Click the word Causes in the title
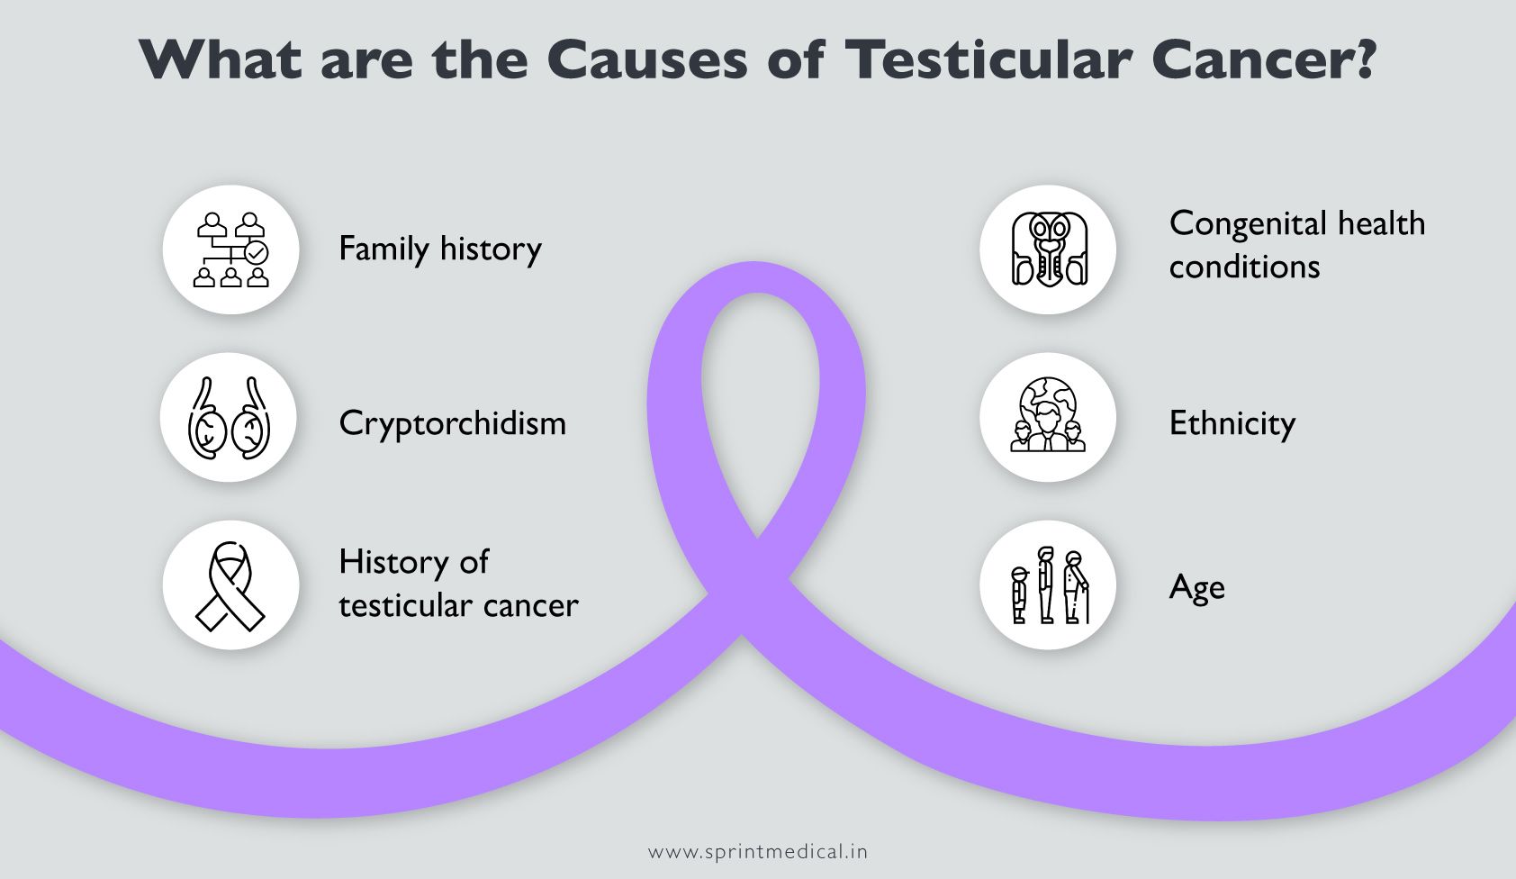coord(647,60)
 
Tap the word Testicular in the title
coord(988,60)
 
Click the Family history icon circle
coord(231,249)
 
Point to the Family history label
coord(439,249)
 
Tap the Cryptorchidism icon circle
coord(230,418)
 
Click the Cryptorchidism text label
coord(452,423)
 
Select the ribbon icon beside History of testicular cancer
coord(231,585)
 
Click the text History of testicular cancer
coord(457,584)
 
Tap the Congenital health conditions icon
coord(1048,249)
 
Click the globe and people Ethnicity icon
coord(1048,417)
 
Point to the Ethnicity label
coord(1232,423)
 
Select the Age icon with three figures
coord(1048,585)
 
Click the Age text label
coord(1196,588)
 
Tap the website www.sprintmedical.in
coord(758,851)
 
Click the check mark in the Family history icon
coord(257,252)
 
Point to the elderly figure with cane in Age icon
coord(1076,587)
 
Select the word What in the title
coord(221,60)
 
